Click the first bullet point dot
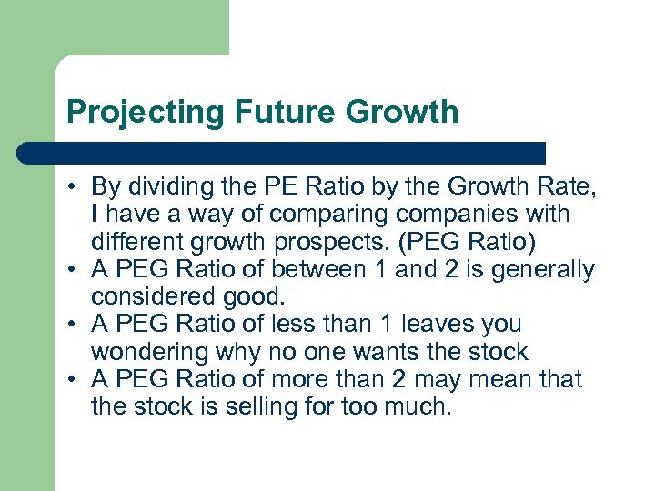(x=73, y=188)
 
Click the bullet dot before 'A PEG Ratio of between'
(x=73, y=270)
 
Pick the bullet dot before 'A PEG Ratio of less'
(x=73, y=325)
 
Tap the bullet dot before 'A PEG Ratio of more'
(x=73, y=379)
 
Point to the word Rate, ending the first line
(x=568, y=187)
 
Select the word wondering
(x=149, y=351)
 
